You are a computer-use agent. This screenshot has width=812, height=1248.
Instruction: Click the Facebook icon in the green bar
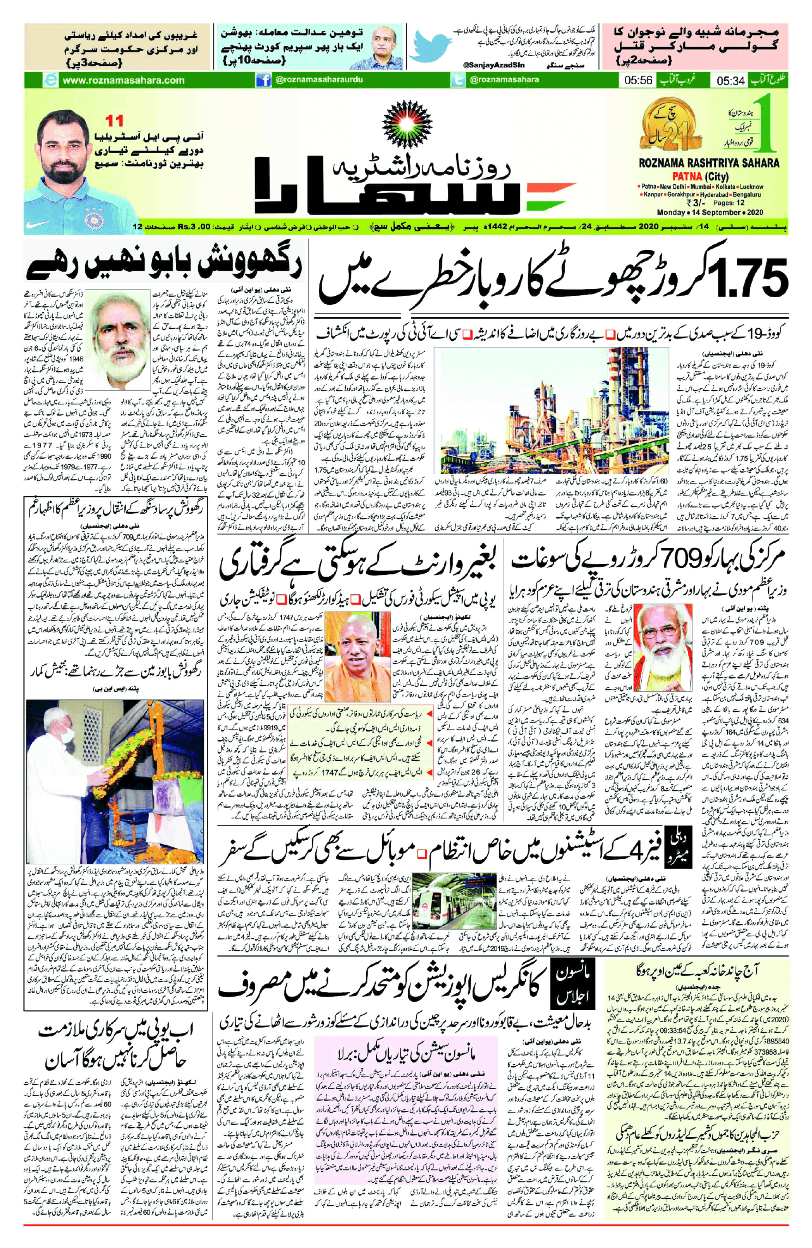pos(263,80)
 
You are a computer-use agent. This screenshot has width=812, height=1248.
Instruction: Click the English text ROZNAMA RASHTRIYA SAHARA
pos(708,163)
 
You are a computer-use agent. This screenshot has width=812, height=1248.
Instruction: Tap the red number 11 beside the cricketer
pos(115,121)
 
